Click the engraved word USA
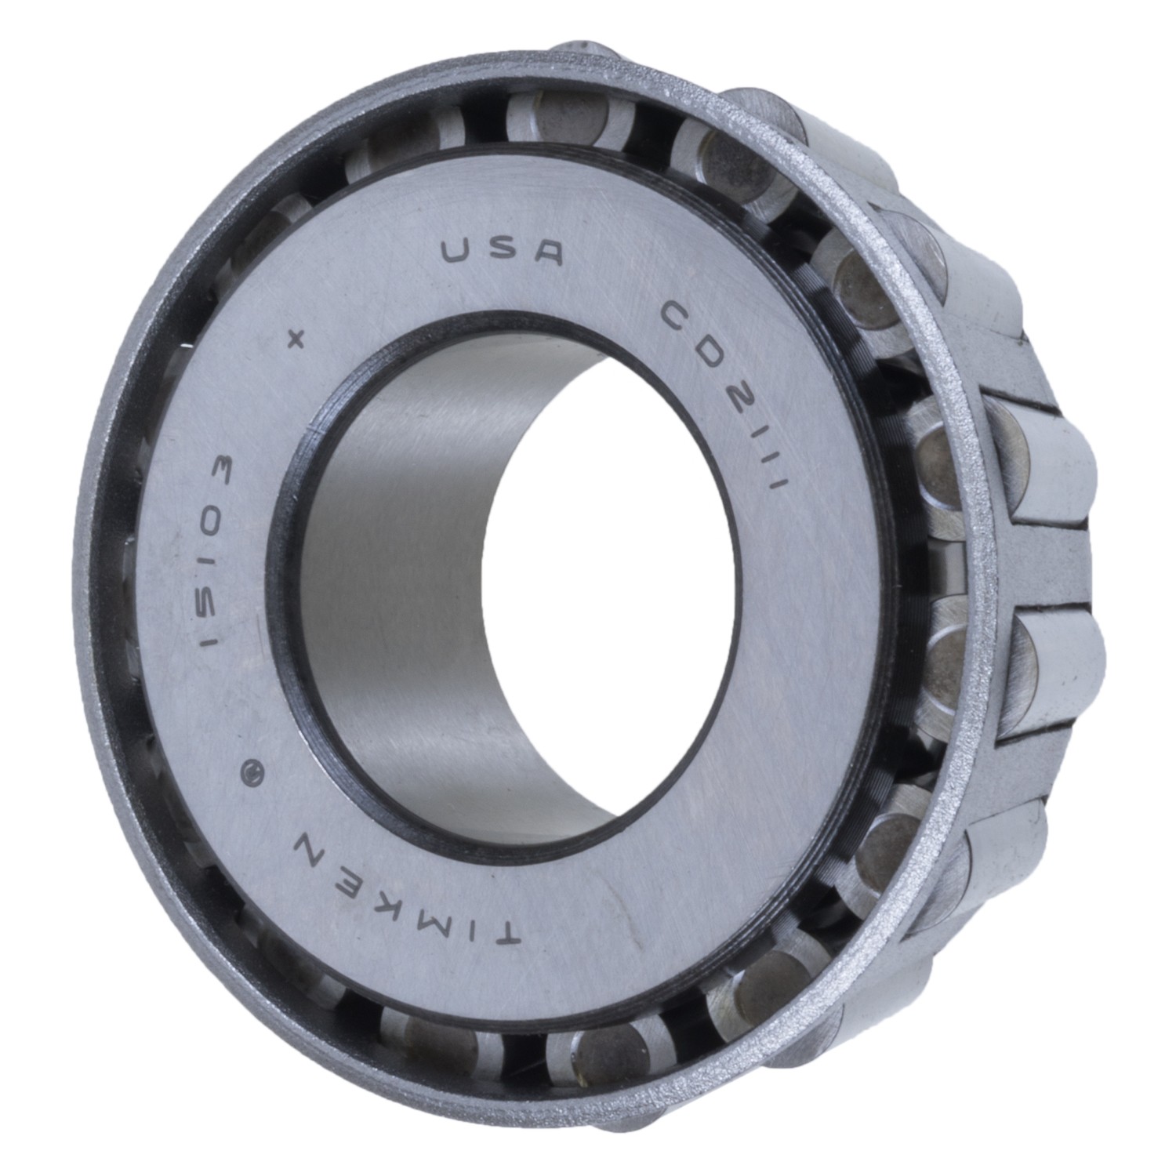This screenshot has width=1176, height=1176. pyautogui.click(x=503, y=252)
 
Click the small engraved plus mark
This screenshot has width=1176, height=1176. pyautogui.click(x=296, y=340)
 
